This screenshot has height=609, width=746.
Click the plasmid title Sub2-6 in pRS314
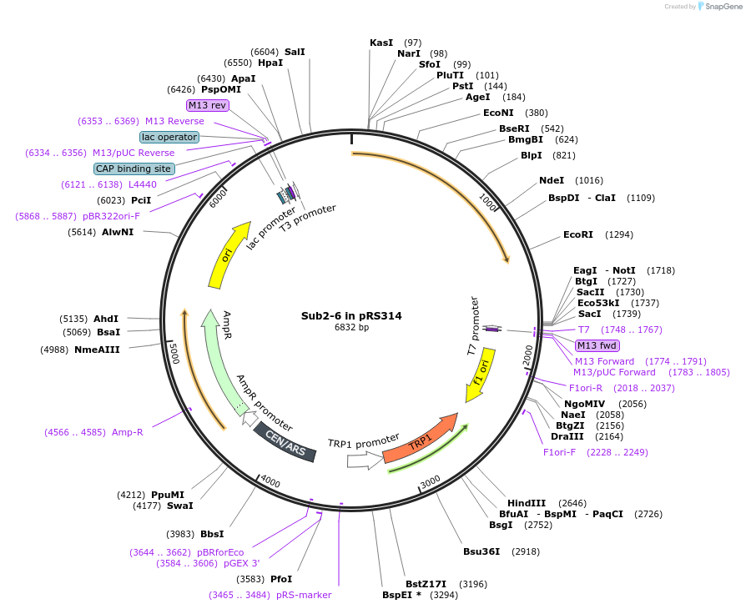[351, 316]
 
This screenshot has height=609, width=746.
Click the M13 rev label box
[207, 105]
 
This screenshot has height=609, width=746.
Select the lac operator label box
[169, 137]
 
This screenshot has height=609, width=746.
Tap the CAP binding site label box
[134, 169]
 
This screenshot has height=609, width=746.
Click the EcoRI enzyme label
[578, 234]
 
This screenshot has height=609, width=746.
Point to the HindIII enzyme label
[527, 503]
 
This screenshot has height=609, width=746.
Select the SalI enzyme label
[295, 52]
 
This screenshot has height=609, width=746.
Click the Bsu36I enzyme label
[481, 551]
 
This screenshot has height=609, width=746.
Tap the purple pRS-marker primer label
[304, 595]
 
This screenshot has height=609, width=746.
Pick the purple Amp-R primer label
[128, 432]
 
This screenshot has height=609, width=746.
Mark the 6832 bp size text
[351, 328]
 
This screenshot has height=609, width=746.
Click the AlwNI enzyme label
[118, 232]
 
